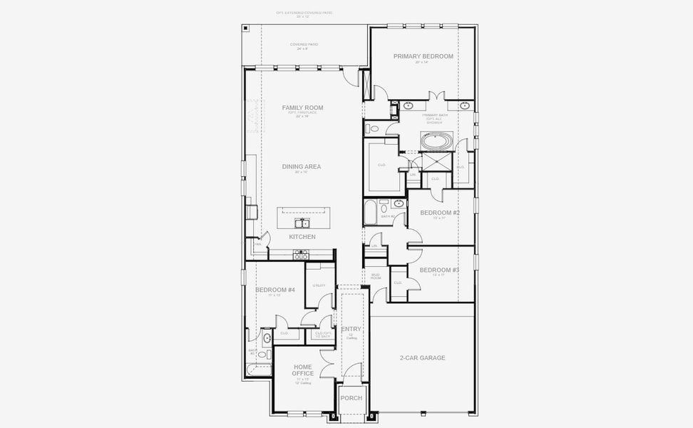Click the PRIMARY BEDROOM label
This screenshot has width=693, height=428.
pos(423,56)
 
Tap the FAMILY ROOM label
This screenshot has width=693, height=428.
pos(302,108)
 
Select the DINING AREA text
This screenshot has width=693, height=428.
pos(302,167)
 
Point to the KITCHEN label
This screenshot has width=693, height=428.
pos(302,237)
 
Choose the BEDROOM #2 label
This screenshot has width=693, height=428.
pos(439,213)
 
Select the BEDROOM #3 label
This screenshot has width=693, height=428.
pos(439,270)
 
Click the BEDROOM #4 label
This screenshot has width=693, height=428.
pos(275,290)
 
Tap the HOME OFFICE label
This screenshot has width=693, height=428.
pos(302,370)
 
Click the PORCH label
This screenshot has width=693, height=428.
pos(351,398)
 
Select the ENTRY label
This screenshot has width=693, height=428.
pos(351,330)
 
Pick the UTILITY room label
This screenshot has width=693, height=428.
pos(319,285)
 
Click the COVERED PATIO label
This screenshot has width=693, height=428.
pos(304,44)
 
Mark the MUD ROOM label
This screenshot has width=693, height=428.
pos(376,277)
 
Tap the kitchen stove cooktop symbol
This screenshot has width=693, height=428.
pos(301,253)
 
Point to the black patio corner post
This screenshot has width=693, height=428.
pos(245,28)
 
